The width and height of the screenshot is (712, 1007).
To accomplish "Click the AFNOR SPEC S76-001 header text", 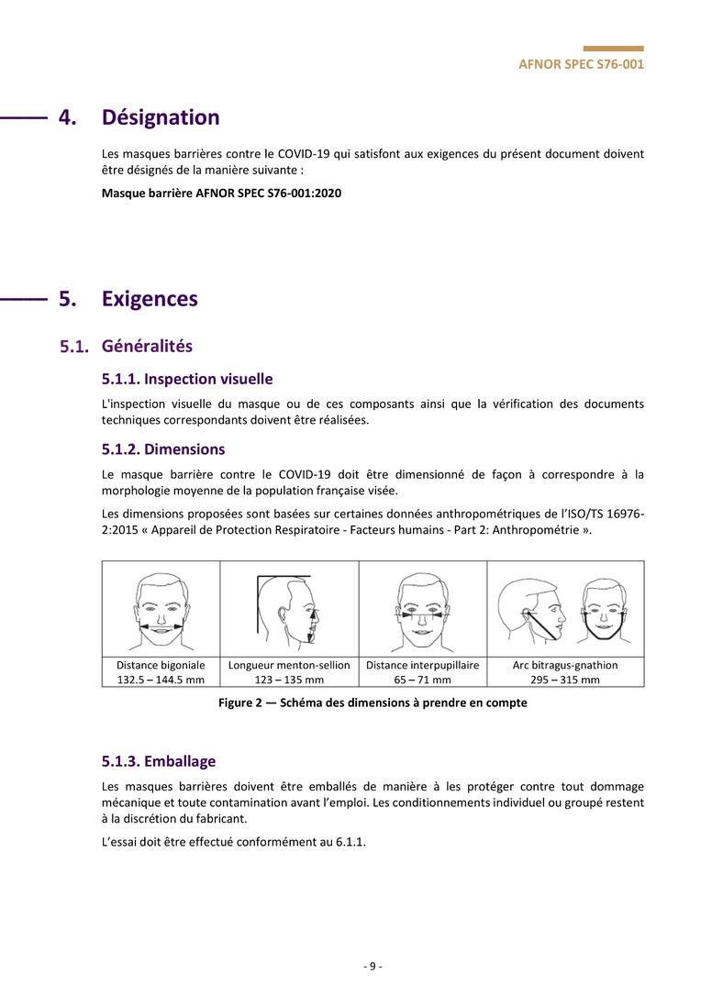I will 581,65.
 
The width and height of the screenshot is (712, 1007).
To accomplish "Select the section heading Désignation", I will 161,117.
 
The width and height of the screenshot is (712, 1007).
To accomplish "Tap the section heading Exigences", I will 150,299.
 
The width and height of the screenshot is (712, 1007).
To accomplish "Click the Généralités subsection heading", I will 147,347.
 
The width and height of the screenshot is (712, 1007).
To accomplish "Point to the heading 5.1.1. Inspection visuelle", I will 187,379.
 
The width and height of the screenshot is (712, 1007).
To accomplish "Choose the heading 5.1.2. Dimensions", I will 163,449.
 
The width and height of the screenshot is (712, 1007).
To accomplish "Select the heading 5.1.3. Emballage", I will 159,761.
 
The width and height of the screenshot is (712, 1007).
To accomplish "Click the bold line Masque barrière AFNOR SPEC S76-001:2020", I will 221,194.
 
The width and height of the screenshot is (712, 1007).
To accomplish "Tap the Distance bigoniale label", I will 161,665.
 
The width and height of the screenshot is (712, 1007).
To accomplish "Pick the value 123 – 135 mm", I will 289,680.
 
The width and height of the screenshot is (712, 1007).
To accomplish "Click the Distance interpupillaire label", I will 422,665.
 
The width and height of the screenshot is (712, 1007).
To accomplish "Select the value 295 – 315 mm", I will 565,680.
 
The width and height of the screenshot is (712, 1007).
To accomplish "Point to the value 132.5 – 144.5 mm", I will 161,680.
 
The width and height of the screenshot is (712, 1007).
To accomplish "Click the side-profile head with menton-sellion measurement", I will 289,608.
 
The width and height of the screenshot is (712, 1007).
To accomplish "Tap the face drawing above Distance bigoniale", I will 161,609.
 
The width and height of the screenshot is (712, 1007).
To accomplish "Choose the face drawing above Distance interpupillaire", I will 422,609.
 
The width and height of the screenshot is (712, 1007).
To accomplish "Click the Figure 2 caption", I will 373,703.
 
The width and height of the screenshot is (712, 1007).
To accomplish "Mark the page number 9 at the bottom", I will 373,966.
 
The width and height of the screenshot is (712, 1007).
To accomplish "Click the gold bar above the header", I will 613,49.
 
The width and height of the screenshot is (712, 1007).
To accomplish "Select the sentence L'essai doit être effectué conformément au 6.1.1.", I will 234,842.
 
